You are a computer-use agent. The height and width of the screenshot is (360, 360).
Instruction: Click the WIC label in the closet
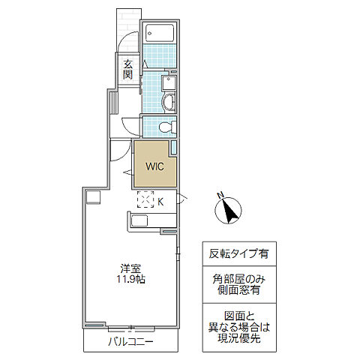154,166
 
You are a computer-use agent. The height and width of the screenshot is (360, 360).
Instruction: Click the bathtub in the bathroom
160,33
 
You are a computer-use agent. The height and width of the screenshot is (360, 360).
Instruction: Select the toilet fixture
167,127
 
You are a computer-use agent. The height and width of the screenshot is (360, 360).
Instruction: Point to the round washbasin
169,102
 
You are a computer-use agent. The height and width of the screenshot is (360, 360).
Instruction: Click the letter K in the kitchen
160,202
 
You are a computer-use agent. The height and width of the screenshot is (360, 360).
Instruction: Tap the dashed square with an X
145,199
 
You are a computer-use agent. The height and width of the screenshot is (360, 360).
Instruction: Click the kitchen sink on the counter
139,220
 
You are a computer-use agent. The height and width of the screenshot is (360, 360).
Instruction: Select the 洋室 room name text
130,268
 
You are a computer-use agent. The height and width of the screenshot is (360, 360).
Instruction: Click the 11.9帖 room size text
131,279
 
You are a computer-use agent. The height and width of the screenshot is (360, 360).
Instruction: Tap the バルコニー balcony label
130,342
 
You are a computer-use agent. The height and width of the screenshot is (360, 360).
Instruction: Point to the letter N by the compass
220,195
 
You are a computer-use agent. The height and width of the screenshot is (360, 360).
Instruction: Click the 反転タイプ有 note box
239,253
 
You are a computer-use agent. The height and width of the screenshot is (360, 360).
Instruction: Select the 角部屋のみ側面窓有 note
239,284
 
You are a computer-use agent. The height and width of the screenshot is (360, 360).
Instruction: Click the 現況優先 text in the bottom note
239,338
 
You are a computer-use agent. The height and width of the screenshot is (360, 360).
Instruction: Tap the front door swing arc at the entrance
125,39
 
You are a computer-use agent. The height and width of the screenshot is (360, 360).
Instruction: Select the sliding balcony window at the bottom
131,328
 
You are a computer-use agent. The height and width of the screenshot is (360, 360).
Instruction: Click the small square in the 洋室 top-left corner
93,197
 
